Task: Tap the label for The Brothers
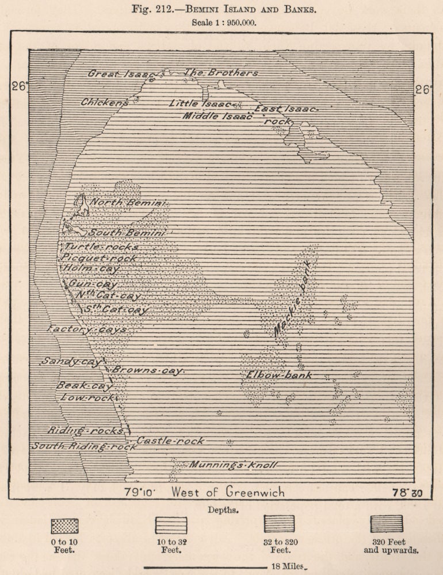(221, 73)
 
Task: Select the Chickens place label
(105, 102)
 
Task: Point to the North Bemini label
(128, 203)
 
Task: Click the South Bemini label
(127, 233)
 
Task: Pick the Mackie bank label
(293, 299)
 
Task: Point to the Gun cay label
(93, 283)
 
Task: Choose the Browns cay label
(147, 370)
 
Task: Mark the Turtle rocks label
(101, 247)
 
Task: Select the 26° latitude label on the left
(19, 86)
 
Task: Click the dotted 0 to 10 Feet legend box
(64, 526)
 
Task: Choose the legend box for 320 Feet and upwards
(387, 523)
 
